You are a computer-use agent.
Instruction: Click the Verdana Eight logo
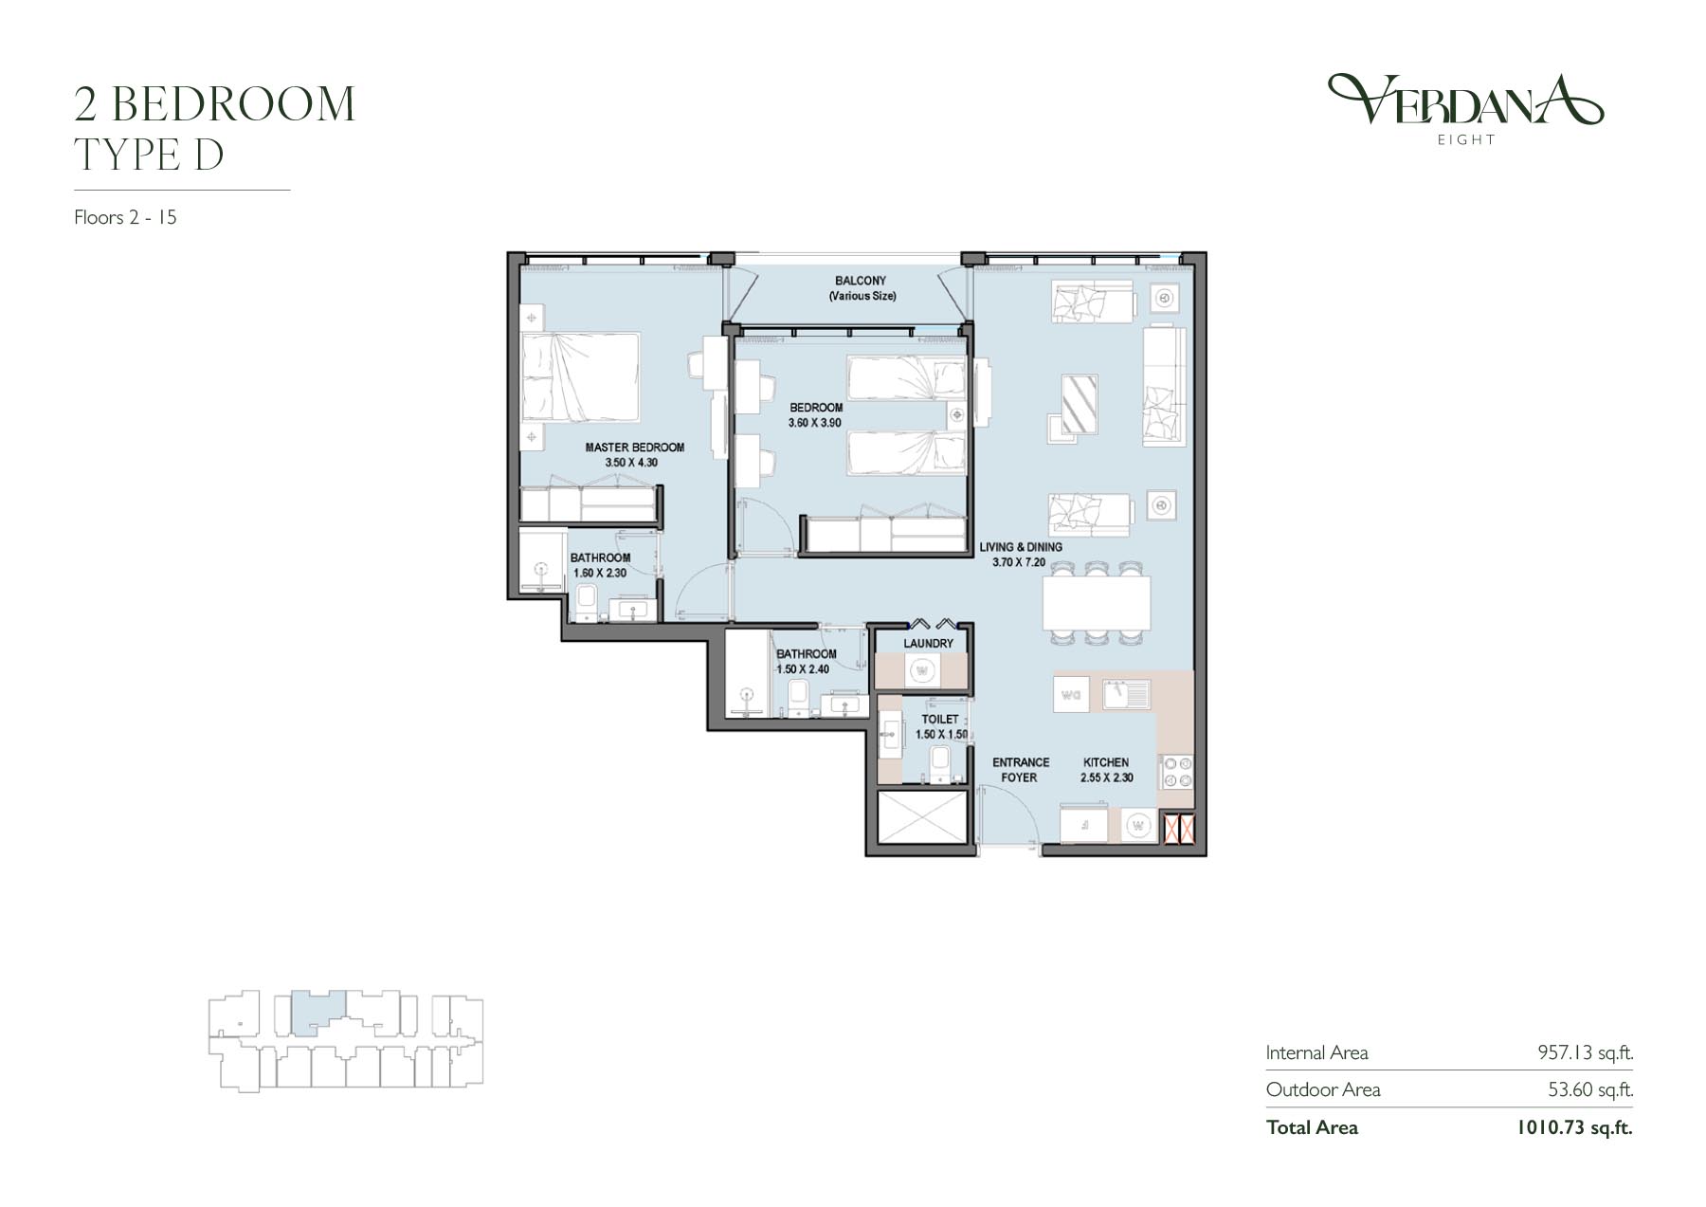(1465, 110)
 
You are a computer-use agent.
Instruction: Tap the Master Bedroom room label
(634, 448)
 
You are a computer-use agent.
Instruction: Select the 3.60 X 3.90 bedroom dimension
(815, 423)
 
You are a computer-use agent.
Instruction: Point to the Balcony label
(861, 281)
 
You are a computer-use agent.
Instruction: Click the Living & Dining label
(1021, 547)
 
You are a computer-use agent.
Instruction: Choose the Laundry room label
(928, 644)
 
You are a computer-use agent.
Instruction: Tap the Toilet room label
(940, 720)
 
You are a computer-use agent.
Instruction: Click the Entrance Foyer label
(1021, 770)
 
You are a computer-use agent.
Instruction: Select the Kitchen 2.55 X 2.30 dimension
(1106, 777)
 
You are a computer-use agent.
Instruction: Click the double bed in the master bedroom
(580, 376)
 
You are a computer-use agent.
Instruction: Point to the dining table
(1097, 603)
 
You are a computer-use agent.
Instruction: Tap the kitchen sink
(1126, 694)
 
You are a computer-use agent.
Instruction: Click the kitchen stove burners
(1175, 773)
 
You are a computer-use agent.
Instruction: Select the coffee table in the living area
(1080, 405)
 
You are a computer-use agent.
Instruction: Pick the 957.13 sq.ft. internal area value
(1585, 1052)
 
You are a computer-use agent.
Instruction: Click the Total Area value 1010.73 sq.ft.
(1574, 1127)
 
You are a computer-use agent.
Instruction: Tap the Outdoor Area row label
(1323, 1090)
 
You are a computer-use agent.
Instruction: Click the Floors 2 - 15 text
(126, 217)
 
